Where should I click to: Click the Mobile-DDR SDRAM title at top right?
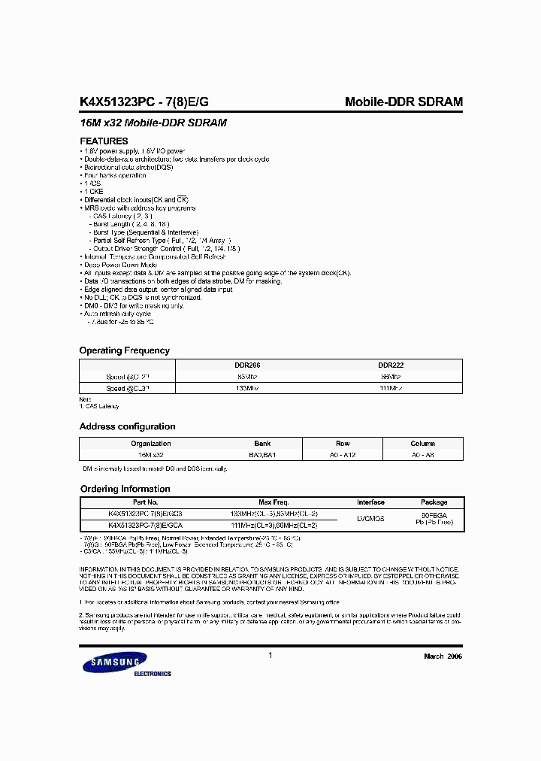(403, 102)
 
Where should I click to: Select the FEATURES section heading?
(104, 141)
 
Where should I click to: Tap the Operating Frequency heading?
(125, 350)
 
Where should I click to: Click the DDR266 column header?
(247, 365)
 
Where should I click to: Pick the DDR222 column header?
(391, 365)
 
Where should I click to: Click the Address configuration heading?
(128, 426)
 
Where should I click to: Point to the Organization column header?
(150, 444)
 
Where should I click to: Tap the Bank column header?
(262, 444)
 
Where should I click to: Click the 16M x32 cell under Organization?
(150, 456)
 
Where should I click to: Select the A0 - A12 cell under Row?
(343, 456)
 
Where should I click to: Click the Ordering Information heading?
(125, 489)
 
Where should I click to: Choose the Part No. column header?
(145, 502)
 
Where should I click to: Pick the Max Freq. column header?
(274, 502)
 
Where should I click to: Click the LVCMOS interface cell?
(370, 519)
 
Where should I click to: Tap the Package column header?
(434, 502)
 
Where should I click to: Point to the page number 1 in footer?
(270, 656)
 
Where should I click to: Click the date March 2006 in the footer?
(443, 656)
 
